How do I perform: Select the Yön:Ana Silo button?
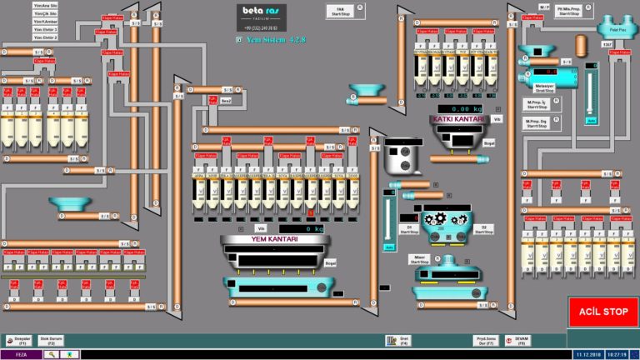click(45, 6)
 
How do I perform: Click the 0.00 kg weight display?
click(463, 109)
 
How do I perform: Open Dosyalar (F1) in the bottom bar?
click(22, 340)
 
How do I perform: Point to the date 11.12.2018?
click(588, 354)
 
